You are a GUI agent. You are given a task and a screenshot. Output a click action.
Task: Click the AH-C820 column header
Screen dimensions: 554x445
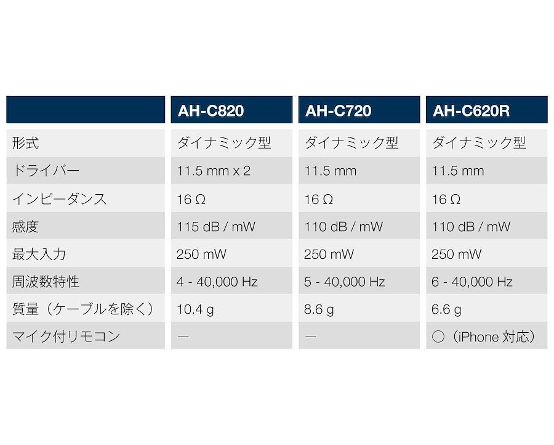click(211, 111)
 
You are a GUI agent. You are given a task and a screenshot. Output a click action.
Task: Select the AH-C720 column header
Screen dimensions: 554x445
click(338, 111)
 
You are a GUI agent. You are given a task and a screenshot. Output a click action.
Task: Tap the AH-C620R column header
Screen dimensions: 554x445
click(472, 111)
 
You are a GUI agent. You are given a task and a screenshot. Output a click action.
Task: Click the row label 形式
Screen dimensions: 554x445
click(25, 143)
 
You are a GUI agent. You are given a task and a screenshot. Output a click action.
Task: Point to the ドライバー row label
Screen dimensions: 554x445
click(46, 171)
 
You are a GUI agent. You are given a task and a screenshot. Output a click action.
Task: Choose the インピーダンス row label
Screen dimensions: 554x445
click(59, 199)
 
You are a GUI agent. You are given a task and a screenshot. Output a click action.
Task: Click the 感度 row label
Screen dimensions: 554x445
click(25, 226)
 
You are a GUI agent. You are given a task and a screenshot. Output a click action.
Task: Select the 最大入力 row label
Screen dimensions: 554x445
click(39, 254)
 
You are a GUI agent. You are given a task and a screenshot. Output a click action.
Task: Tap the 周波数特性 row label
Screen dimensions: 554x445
click(46, 282)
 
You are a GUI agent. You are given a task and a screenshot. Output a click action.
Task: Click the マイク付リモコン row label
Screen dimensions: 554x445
click(66, 337)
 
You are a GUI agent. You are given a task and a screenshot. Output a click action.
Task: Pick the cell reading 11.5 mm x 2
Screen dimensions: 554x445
click(214, 171)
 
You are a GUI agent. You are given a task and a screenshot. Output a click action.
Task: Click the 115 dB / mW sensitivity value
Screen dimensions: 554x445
click(216, 227)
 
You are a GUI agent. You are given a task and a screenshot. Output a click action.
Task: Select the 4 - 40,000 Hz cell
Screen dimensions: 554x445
click(217, 282)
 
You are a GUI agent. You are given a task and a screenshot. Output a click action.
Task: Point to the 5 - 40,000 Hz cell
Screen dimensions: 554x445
click(345, 282)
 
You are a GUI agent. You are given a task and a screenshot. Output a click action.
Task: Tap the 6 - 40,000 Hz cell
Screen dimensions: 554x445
click(472, 282)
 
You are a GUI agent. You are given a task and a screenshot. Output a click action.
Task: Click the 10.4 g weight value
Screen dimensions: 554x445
click(195, 310)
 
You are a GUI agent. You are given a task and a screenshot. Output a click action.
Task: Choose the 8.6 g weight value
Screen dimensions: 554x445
click(319, 310)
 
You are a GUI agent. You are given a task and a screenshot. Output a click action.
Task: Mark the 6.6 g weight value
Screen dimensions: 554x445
click(447, 310)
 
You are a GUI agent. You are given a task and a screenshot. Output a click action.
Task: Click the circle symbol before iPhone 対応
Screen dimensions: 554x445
click(438, 337)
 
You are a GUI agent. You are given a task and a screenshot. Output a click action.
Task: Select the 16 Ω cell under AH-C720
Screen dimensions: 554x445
click(319, 200)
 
